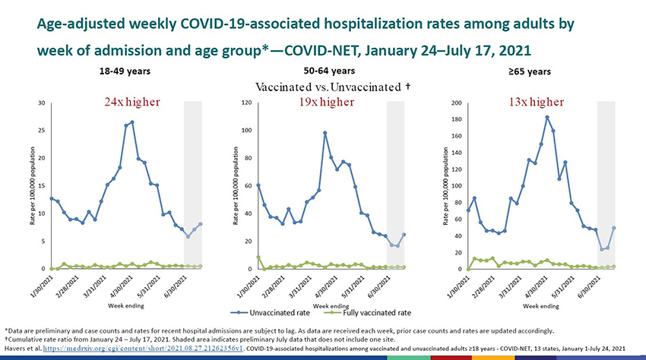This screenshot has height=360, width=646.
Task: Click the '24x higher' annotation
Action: click(x=131, y=103)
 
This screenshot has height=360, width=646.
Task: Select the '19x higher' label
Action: click(x=326, y=103)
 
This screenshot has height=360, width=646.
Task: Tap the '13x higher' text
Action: click(x=535, y=103)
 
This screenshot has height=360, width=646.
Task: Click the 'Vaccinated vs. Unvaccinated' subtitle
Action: click(x=333, y=87)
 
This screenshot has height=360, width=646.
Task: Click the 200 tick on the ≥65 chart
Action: click(x=454, y=103)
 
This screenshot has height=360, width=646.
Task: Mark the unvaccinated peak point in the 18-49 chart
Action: click(x=132, y=122)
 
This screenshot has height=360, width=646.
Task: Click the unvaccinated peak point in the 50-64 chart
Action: click(x=325, y=133)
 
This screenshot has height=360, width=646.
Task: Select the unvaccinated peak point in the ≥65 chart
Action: click(x=547, y=117)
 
